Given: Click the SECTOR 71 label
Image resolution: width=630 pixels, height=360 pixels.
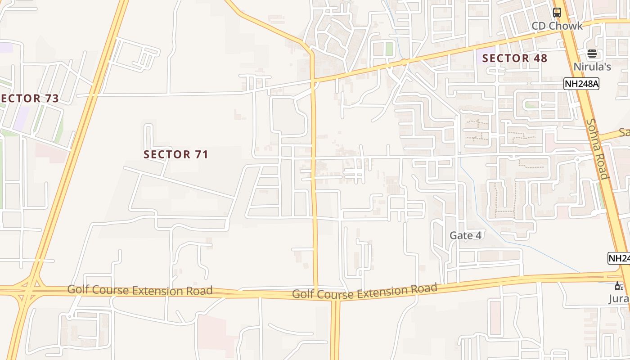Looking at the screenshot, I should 175,154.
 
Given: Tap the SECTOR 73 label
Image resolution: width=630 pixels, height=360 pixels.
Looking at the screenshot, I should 30,99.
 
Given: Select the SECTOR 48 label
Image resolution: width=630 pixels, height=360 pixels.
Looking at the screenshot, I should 515,58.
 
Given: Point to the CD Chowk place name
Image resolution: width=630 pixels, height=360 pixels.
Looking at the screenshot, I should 557,26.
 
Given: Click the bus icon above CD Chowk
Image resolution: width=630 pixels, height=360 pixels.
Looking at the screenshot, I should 557,13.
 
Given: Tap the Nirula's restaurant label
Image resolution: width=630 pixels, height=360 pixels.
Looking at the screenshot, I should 592,67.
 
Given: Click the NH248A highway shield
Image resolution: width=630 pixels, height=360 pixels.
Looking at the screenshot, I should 581,83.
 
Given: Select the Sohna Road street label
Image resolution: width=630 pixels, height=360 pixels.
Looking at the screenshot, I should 598,148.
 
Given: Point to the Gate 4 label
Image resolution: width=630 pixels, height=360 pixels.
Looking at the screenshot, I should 465,235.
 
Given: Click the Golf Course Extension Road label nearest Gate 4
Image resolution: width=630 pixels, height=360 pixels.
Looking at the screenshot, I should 364,291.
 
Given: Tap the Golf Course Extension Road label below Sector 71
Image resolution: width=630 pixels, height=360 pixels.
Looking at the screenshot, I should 140,290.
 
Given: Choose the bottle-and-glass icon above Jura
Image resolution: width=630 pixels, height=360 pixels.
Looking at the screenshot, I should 619,286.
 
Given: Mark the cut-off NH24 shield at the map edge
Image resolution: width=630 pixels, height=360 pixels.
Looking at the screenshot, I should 619,258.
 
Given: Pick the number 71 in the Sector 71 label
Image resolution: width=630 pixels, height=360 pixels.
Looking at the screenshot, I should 201,154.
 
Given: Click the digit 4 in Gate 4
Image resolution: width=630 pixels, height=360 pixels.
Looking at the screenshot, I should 478,235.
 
